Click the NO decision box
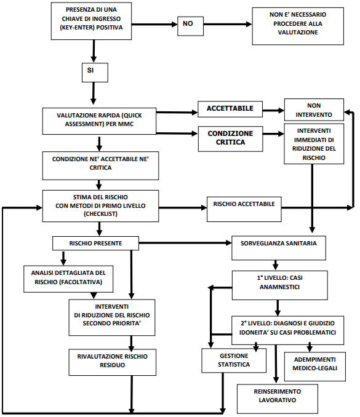tap(191, 26)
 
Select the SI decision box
tap(95, 73)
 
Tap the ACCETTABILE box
tap(230, 109)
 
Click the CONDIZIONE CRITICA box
tap(230, 139)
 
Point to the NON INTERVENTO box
tap(314, 110)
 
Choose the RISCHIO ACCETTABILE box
tap(244, 209)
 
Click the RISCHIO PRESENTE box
tap(95, 243)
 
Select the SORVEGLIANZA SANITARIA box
tap(279, 248)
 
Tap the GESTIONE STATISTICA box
tap(234, 360)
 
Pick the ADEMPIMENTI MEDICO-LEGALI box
tap(314, 367)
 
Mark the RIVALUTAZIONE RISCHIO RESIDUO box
tap(112, 362)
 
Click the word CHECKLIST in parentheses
tap(100, 214)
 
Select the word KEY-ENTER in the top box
tap(77, 28)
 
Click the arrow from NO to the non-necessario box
tap(228, 24)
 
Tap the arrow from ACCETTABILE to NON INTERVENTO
tap(273, 110)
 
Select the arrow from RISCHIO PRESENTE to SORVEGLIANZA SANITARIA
tap(185, 242)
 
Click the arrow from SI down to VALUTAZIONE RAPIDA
tap(93, 93)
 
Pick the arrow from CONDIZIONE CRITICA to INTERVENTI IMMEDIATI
tap(273, 133)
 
